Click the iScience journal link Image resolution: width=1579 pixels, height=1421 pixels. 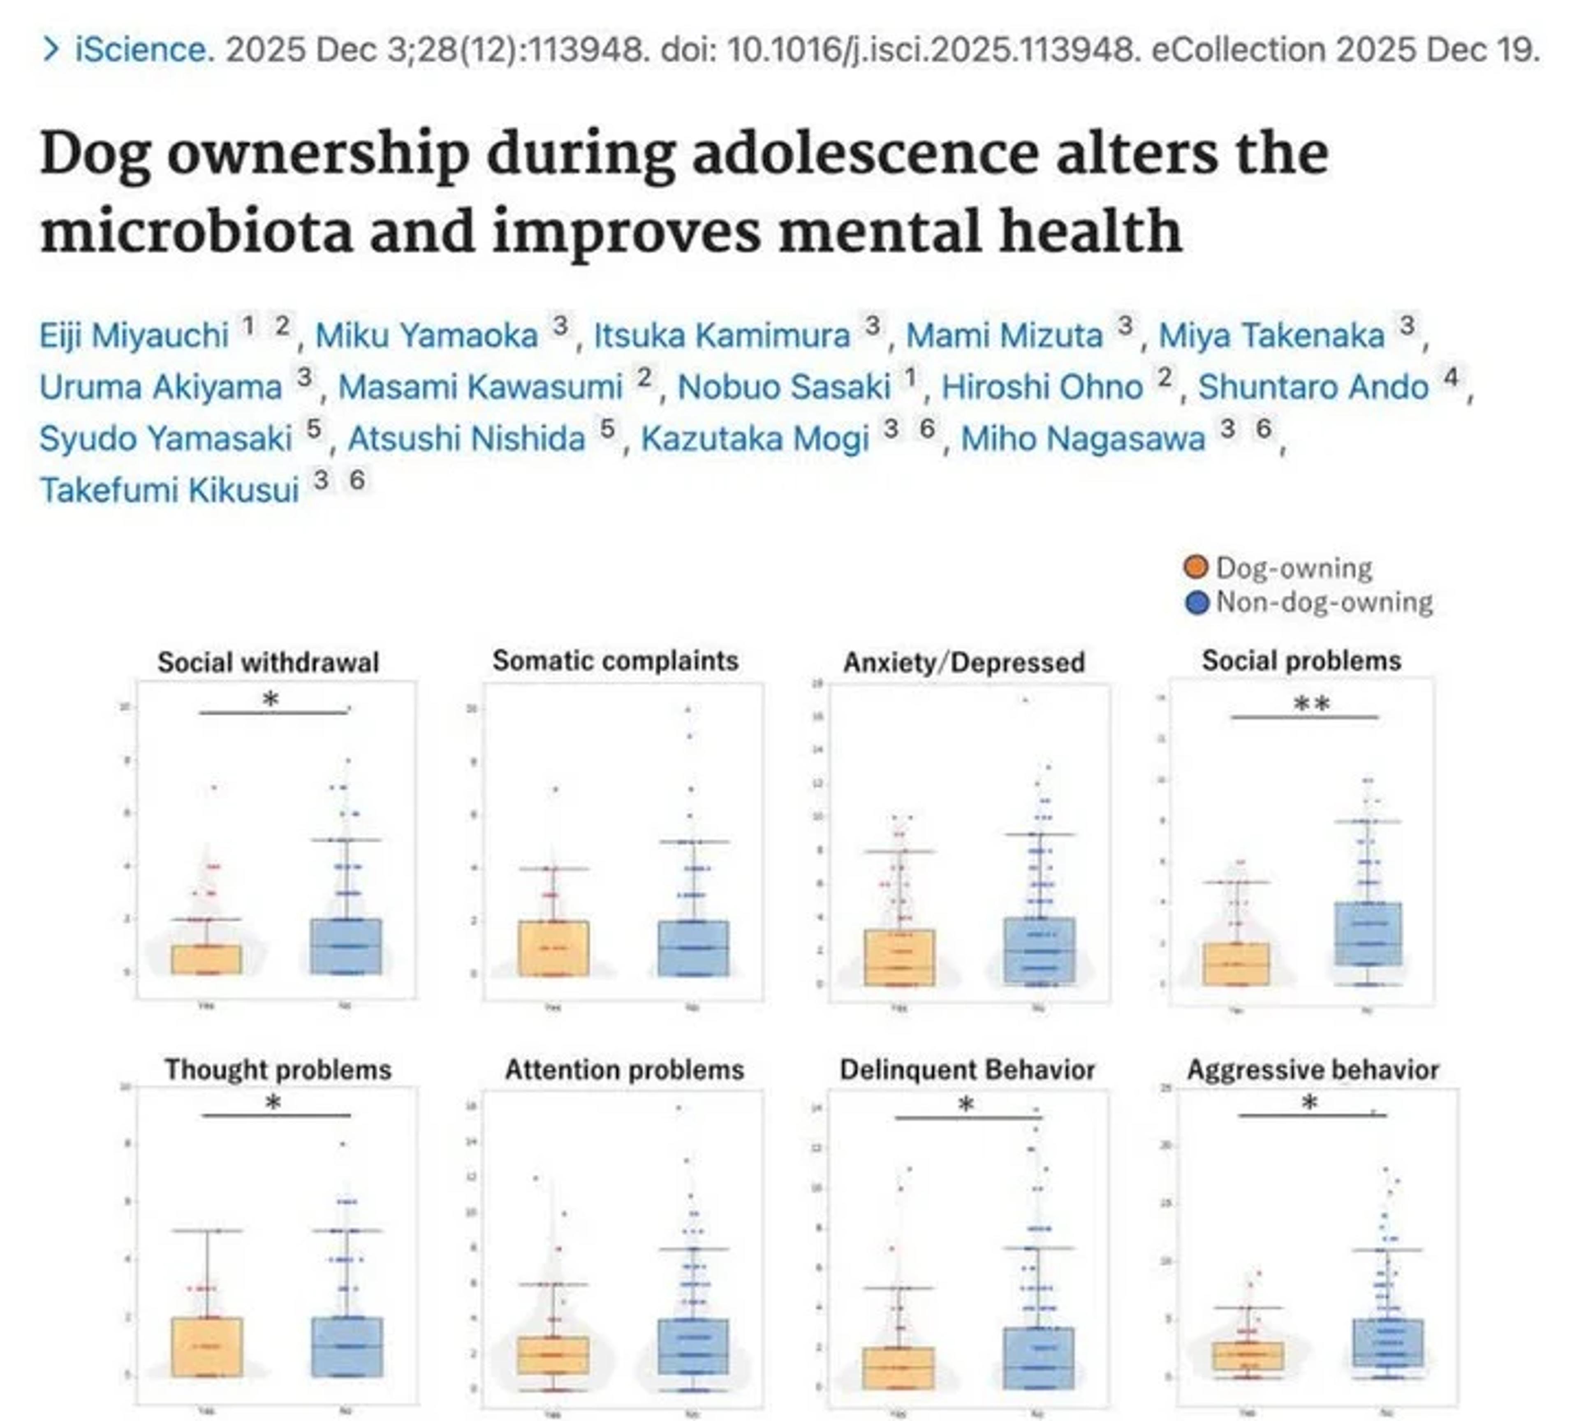tap(141, 50)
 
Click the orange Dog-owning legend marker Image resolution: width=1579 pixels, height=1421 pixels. tap(1196, 567)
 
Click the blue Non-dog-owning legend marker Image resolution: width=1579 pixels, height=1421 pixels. tap(1196, 602)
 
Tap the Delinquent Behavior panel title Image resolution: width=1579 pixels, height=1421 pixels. tap(967, 1069)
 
